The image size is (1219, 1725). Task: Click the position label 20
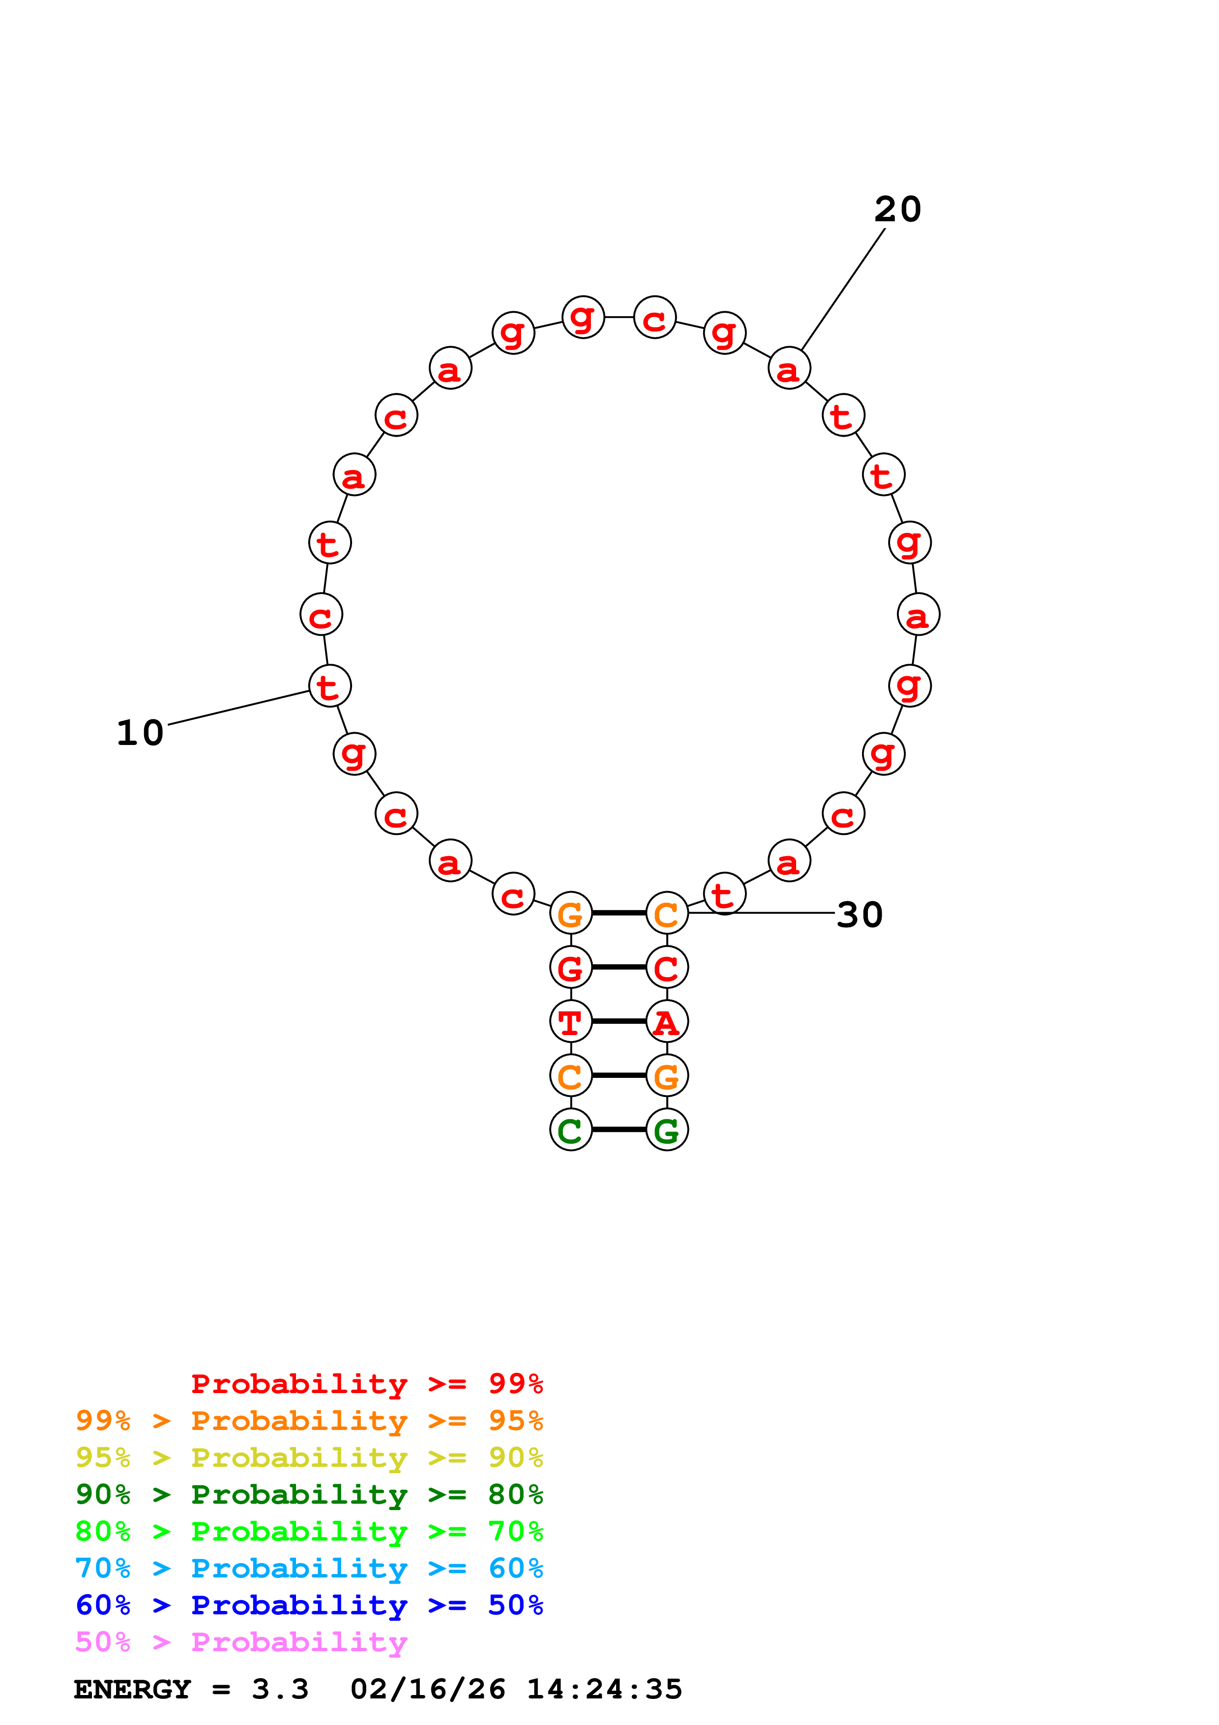897,209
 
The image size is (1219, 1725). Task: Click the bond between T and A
619,1021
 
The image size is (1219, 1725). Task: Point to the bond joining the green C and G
619,1129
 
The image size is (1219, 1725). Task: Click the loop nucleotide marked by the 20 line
789,368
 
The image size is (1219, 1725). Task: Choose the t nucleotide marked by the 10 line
330,686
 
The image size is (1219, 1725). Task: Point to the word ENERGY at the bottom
132,1689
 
